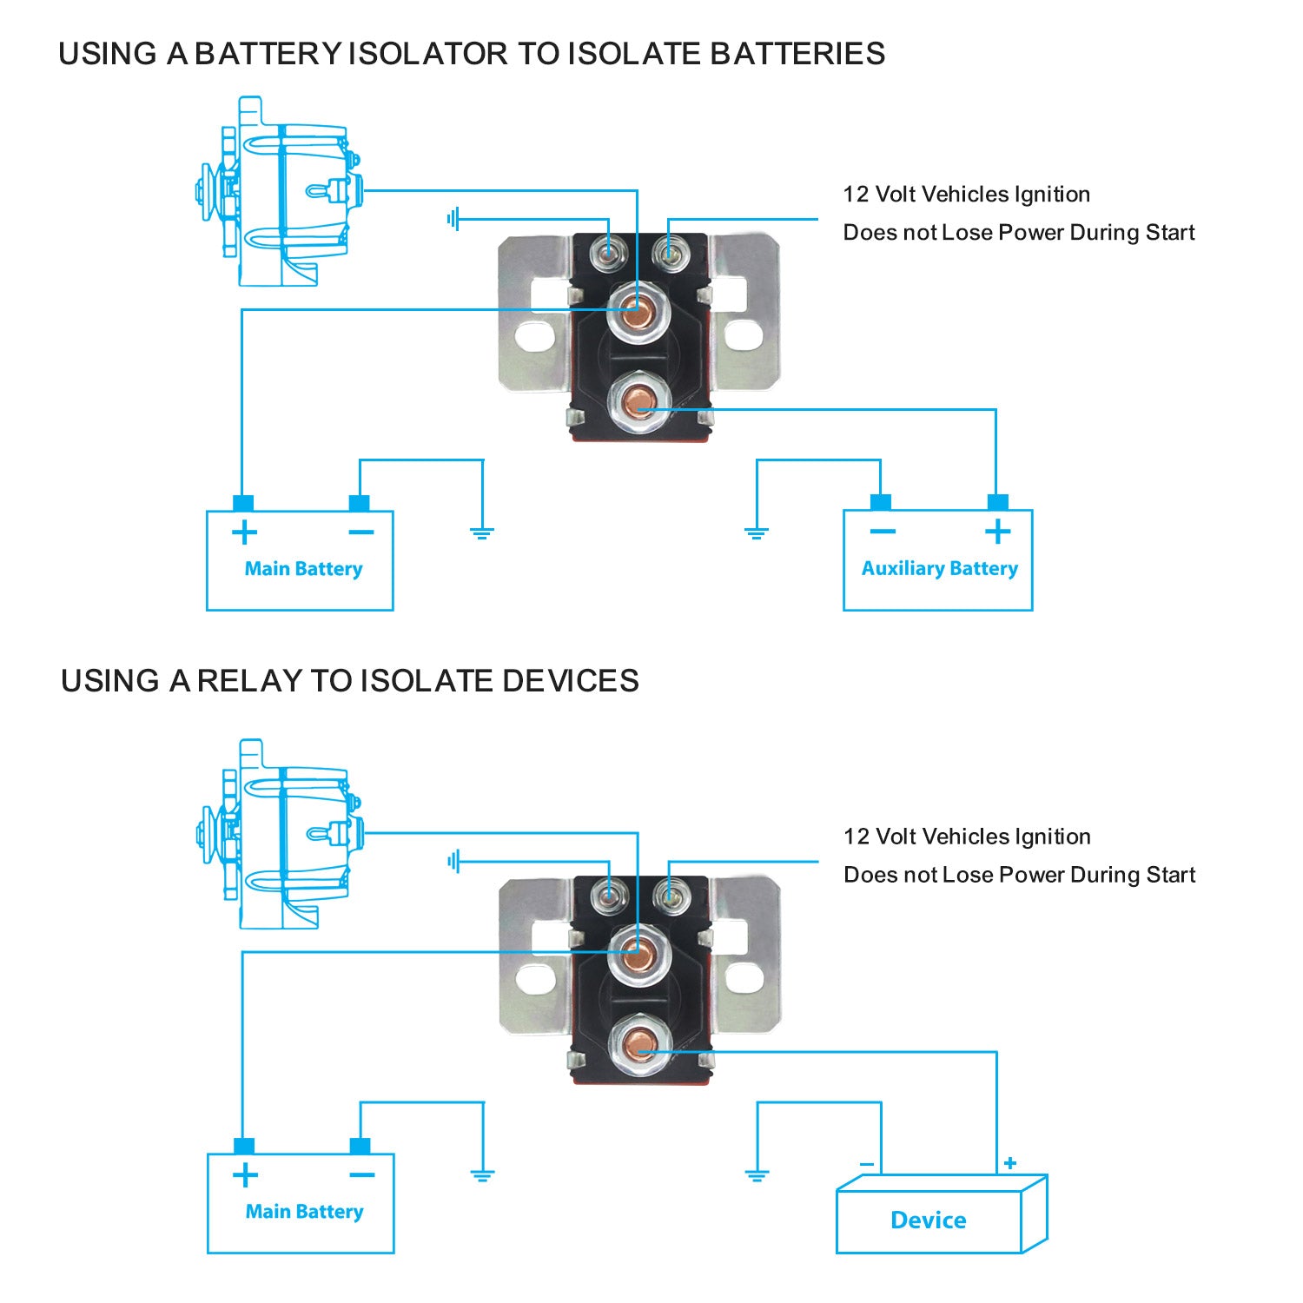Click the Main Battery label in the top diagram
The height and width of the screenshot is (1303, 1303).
click(303, 569)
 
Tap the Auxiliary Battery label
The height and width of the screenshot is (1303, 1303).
click(939, 569)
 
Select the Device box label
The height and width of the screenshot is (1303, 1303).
click(928, 1220)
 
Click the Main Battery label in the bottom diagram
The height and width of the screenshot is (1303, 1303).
click(304, 1212)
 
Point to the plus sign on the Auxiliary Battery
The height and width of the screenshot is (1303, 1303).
click(997, 531)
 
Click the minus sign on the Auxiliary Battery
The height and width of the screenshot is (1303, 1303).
click(882, 531)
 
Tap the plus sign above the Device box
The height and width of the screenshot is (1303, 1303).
click(1009, 1163)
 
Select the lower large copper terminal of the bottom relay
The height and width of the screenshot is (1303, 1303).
click(639, 1042)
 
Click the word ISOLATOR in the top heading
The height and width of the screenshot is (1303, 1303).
click(427, 54)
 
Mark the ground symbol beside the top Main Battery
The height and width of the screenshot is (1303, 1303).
click(482, 533)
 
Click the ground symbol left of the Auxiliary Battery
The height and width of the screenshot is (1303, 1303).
click(757, 533)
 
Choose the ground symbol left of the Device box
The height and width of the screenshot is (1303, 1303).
click(757, 1176)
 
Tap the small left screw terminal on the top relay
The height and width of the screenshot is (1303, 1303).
click(608, 253)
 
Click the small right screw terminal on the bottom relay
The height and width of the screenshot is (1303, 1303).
click(669, 894)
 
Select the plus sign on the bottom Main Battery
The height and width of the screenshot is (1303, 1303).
click(246, 1175)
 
